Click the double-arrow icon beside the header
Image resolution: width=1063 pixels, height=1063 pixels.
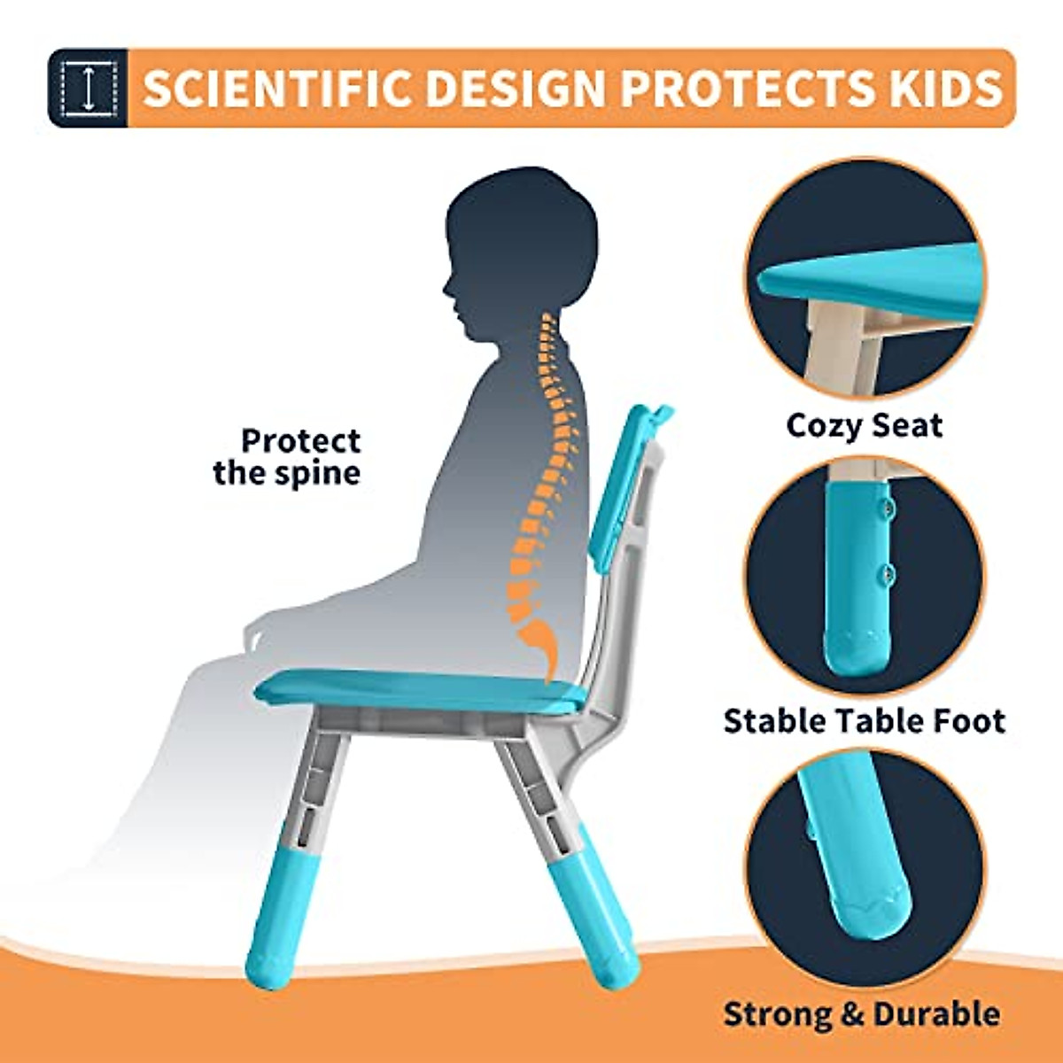pyautogui.click(x=88, y=88)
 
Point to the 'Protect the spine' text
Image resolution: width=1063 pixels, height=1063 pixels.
pyautogui.click(x=287, y=456)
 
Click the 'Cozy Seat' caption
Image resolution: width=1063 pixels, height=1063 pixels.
pyautogui.click(x=864, y=425)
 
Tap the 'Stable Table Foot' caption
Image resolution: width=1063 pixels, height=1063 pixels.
pyautogui.click(x=864, y=720)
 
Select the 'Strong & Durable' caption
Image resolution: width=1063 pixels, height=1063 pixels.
pyautogui.click(x=861, y=1013)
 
